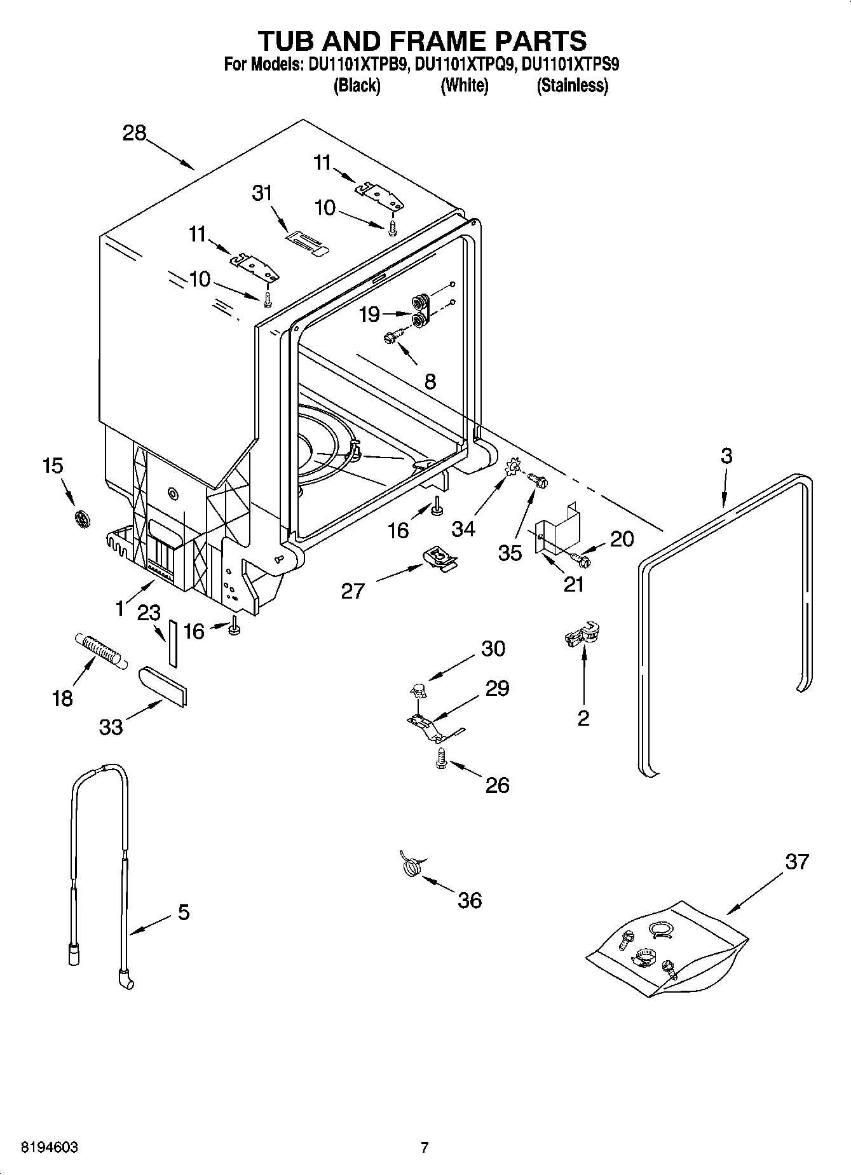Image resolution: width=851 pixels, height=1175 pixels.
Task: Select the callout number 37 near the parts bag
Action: click(x=796, y=862)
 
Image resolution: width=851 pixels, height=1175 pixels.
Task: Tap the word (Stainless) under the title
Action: click(x=572, y=86)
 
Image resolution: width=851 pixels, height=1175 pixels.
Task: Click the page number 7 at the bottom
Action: click(x=425, y=1147)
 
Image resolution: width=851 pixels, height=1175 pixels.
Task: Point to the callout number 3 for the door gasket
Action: click(x=726, y=456)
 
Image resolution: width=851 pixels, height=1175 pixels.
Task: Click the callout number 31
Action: click(x=262, y=193)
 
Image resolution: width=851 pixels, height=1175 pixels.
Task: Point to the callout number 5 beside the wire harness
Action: click(x=183, y=913)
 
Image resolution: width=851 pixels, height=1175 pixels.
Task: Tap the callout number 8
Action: click(x=430, y=381)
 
